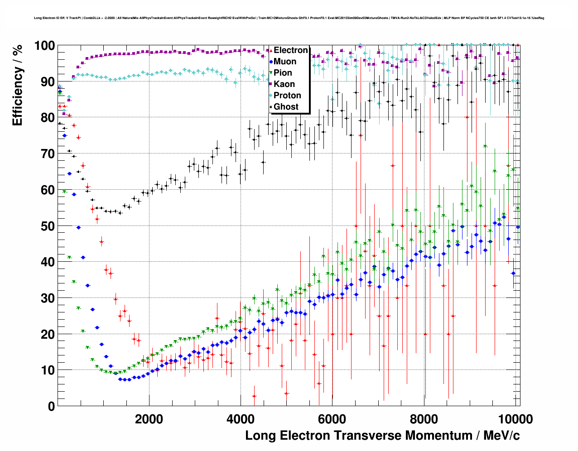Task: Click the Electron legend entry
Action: tap(290, 50)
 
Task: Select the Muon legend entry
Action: tap(284, 62)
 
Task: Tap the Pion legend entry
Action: tap(283, 73)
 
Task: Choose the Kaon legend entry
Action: tap(284, 84)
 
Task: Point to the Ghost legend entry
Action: tap(286, 107)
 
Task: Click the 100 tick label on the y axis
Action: tap(44, 46)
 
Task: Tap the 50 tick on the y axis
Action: tap(48, 226)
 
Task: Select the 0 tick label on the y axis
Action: tap(51, 406)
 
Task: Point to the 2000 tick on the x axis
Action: tap(149, 419)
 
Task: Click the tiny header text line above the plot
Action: tap(289, 18)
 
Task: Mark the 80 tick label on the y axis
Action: tap(48, 118)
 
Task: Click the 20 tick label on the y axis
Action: tap(48, 334)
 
